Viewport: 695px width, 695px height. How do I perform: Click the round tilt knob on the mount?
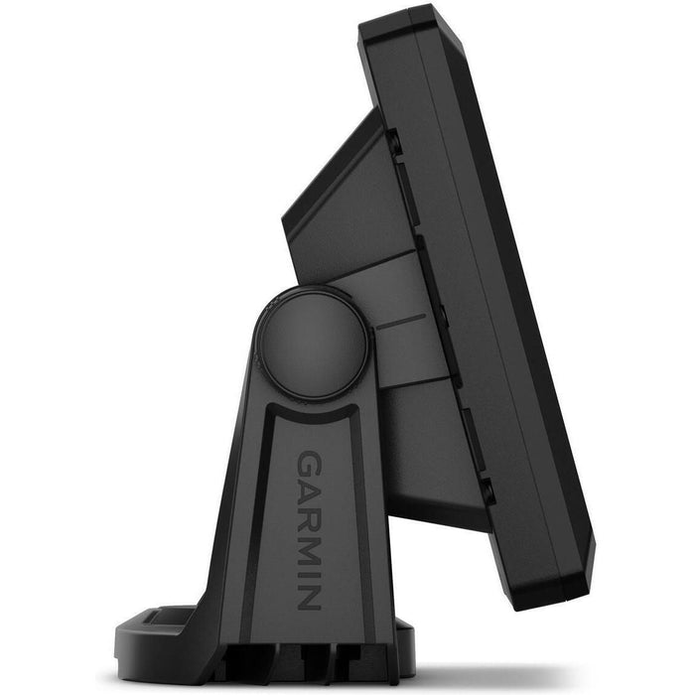pos(313,344)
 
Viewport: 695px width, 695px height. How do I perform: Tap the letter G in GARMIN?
pos(308,461)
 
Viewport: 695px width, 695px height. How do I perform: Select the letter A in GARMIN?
pos(308,487)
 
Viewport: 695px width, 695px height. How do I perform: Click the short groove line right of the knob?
pos(401,323)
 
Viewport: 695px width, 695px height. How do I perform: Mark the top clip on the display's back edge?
pos(394,142)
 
